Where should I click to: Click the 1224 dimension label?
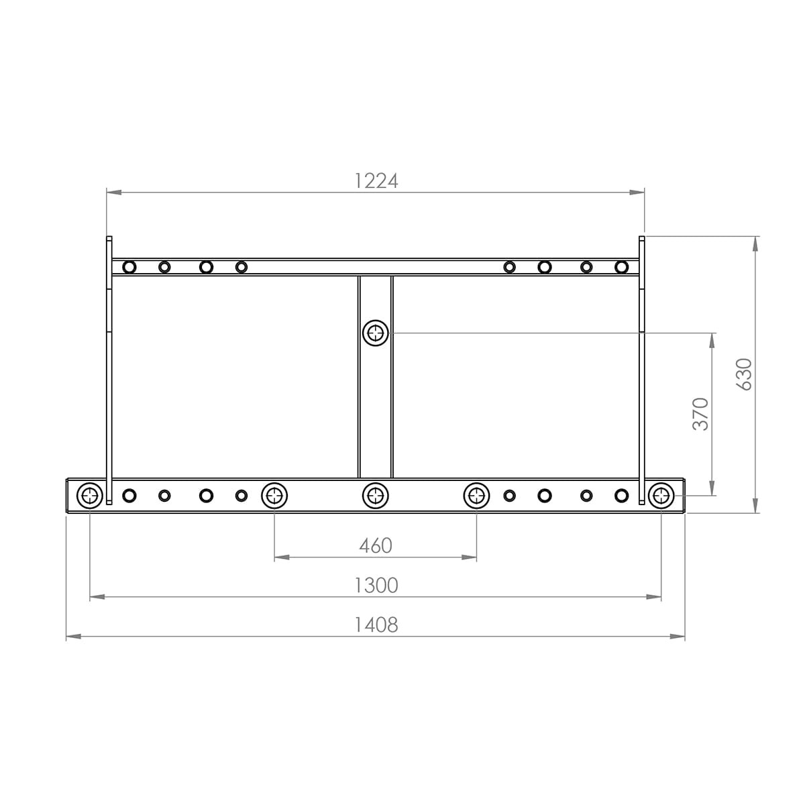pos(376,181)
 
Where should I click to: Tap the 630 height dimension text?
pos(745,374)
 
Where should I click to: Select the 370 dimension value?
pos(701,414)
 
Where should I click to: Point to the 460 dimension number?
pos(376,545)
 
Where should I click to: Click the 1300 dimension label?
pos(376,585)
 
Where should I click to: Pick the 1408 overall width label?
pos(376,625)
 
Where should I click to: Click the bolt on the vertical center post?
pos(376,333)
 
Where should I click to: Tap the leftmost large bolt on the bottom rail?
pos(90,496)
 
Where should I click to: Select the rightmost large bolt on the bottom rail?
pos(661,496)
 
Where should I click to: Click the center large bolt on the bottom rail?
pos(376,496)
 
